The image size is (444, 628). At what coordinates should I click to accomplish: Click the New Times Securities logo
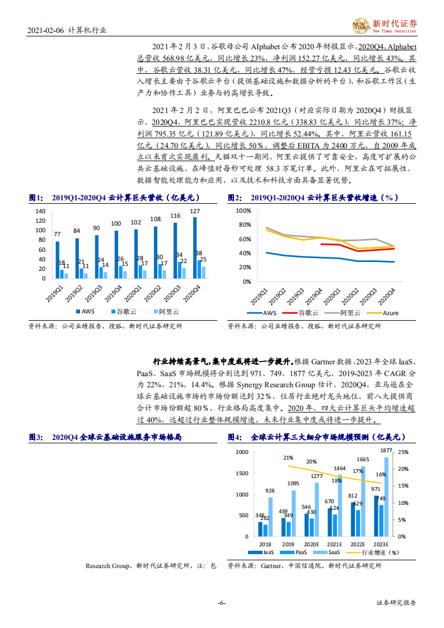[386, 25]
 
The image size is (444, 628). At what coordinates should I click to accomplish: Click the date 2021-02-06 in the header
[44, 31]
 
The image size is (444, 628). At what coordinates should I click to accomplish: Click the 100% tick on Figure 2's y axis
[244, 211]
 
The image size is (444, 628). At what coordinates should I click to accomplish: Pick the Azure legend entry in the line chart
[386, 313]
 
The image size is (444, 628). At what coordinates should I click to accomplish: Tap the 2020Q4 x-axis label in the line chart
[387, 293]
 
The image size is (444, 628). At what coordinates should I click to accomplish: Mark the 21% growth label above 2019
[288, 457]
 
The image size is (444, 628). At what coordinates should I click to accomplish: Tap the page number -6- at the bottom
[221, 603]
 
